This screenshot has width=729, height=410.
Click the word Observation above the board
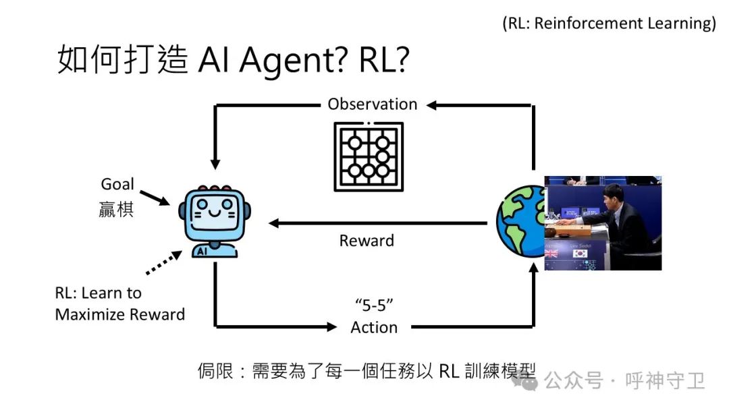(373, 104)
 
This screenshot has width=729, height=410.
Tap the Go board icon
(369, 156)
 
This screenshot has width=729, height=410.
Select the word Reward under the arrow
(367, 240)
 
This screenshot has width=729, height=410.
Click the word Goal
(117, 184)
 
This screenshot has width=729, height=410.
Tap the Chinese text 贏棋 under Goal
(117, 209)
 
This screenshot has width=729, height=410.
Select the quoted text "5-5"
(374, 304)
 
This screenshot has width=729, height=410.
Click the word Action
(374, 328)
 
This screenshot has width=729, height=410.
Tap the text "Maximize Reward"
(120, 314)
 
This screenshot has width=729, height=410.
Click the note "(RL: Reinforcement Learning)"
(609, 23)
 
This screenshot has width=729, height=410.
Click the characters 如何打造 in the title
(122, 61)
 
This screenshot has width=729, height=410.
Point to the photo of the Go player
(603, 223)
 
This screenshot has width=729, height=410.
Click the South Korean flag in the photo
(578, 254)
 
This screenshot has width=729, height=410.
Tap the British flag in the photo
(551, 254)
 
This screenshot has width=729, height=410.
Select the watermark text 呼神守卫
(665, 382)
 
